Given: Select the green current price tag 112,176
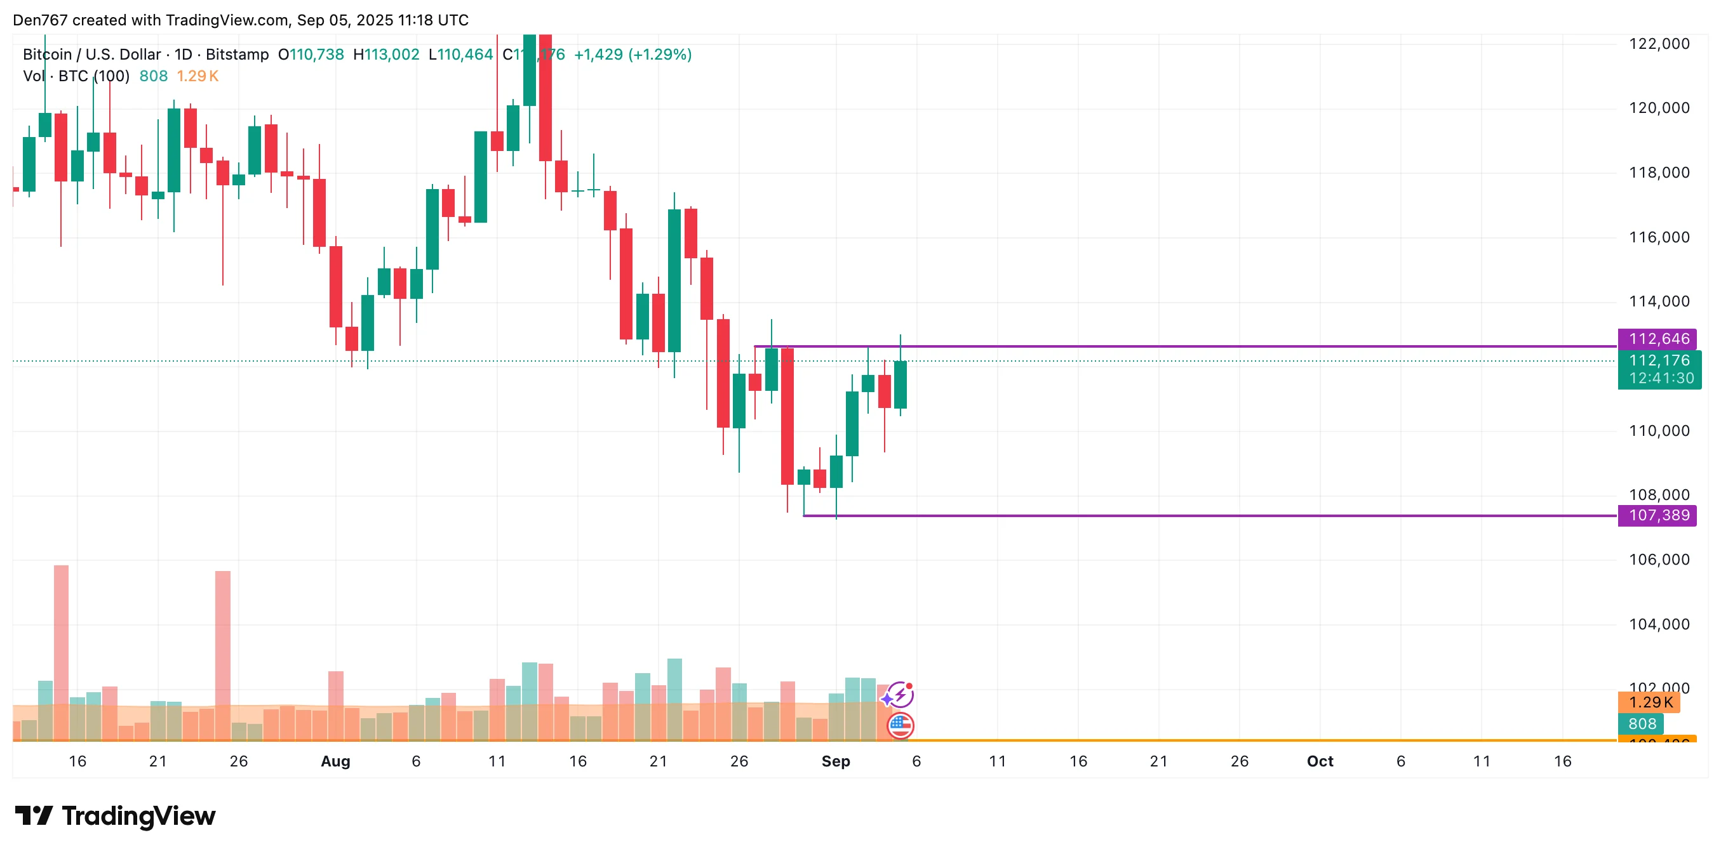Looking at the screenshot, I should click(x=1658, y=360).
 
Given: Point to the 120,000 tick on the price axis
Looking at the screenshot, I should click(x=1658, y=107).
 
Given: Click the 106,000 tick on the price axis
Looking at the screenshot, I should click(x=1658, y=560).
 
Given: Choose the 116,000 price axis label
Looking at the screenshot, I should click(x=1658, y=237).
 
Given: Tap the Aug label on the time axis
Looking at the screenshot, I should click(x=335, y=761).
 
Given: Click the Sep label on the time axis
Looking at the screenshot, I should click(x=835, y=761).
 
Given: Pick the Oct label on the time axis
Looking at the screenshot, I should click(x=1320, y=761).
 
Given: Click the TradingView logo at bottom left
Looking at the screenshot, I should click(x=115, y=816).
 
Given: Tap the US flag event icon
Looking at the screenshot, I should click(x=900, y=725).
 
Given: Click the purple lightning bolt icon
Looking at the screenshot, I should click(x=901, y=695).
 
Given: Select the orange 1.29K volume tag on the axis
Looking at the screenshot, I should click(x=1649, y=702).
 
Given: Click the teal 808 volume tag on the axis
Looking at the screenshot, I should click(x=1642, y=724).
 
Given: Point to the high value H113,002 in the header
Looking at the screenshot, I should click(x=386, y=54).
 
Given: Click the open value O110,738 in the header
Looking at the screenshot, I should click(x=311, y=54).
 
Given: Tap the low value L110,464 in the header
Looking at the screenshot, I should click(x=460, y=54).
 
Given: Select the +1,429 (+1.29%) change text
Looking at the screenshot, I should click(x=632, y=54).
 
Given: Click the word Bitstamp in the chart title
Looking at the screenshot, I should click(x=237, y=54).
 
